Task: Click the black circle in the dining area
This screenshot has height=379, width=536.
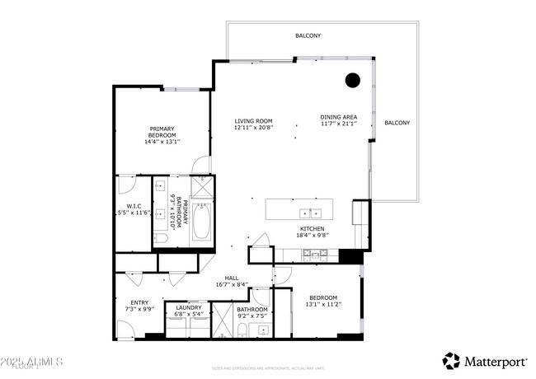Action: [x=352, y=81]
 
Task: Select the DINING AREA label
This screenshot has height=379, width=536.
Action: [x=338, y=117]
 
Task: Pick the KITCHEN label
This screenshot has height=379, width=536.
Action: [x=312, y=228]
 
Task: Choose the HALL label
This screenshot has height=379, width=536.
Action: [x=232, y=277]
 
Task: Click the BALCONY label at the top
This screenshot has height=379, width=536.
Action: [x=308, y=35]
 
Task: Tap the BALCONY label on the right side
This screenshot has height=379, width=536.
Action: [x=397, y=123]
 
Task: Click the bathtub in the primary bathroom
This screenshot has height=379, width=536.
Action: [x=201, y=223]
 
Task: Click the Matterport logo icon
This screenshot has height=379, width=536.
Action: [x=451, y=361]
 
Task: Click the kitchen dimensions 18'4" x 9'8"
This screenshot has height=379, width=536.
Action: [x=312, y=236]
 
